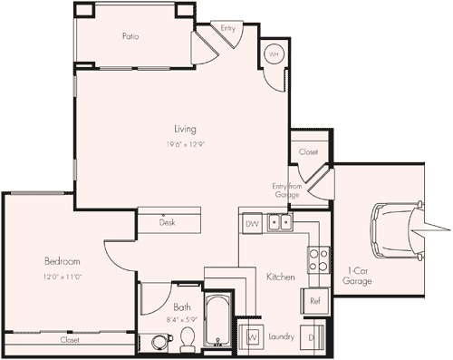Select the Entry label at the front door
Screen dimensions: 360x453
228,29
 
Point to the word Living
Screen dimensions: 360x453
185,129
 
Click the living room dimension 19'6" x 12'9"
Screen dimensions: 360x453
185,143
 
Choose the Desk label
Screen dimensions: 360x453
167,222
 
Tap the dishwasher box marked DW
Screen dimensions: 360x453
252,223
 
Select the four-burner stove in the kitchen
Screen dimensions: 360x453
318,260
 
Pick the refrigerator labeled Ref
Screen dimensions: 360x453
315,301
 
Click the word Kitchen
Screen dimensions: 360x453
280,276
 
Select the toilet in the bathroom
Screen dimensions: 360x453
188,337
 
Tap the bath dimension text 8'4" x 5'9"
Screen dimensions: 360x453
182,320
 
